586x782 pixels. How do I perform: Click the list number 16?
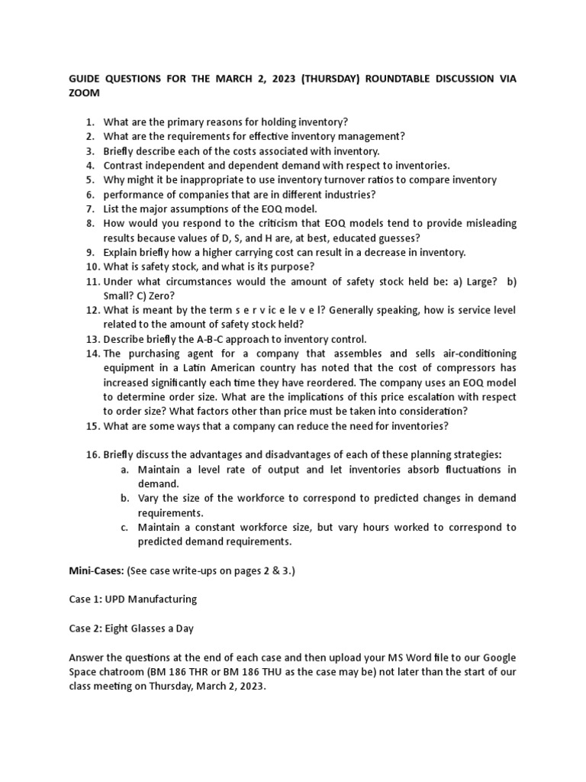point(92,455)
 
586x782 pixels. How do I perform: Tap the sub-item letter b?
point(124,499)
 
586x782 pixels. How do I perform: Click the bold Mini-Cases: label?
point(95,570)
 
